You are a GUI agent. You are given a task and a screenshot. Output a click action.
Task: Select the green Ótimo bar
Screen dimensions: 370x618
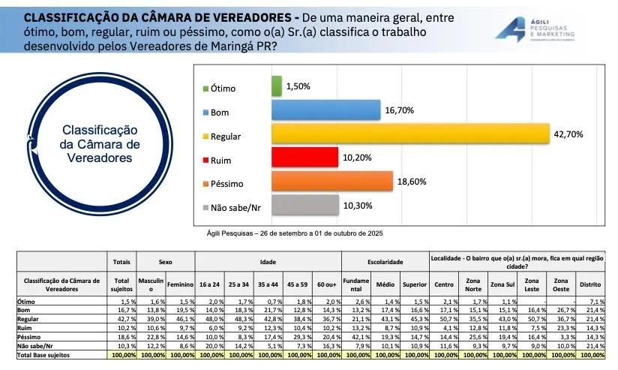point(276,86)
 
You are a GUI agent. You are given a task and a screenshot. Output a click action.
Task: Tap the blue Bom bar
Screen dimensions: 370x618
point(325,110)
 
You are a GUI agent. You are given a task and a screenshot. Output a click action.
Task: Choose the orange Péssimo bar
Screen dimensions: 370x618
point(331,182)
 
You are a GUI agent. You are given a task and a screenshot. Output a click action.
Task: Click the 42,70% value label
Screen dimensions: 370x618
point(568,134)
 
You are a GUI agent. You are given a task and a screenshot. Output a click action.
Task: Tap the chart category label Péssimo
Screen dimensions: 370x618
point(226,183)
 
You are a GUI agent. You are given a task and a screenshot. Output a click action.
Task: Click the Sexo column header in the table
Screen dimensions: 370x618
point(166,262)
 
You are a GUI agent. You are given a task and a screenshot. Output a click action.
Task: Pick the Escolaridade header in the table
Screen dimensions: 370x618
point(385,262)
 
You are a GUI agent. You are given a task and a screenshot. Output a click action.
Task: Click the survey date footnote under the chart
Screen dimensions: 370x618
point(295,233)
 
